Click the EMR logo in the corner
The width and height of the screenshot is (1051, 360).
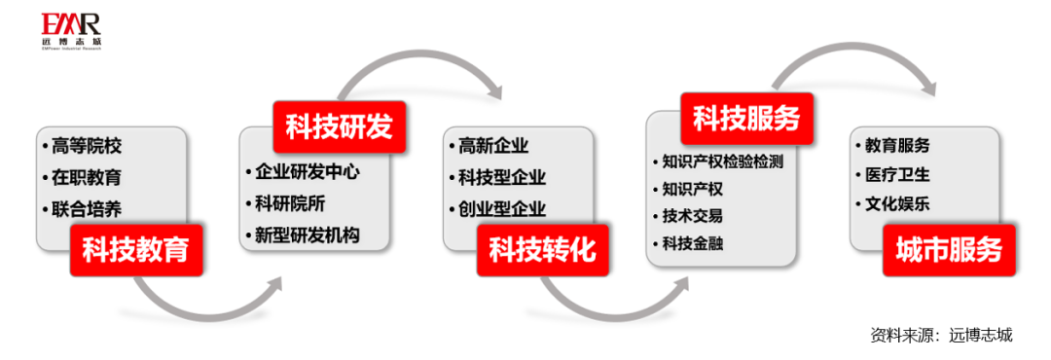point(71,30)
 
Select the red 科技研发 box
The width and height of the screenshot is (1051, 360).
point(338,125)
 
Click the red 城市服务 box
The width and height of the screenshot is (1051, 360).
point(948,249)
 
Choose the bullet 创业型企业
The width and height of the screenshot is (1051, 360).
point(501,209)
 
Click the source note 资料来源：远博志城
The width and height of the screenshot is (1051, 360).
point(941,336)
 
